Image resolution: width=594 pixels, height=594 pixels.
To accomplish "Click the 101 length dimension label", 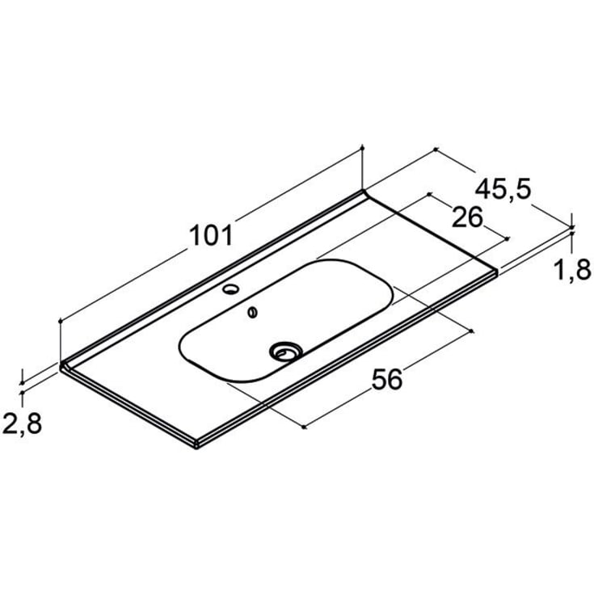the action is coord(211,235).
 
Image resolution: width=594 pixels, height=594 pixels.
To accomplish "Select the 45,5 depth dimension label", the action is coord(503,189).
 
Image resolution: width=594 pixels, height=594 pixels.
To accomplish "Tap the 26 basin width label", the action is coord(467,217).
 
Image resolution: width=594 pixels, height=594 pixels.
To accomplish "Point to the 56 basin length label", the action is coord(386,379).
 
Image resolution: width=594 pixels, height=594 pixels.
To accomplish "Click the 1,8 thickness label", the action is coord(572,270).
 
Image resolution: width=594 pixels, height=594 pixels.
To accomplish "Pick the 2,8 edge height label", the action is coord(22,423).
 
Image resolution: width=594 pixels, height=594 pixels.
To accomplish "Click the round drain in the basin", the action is coord(286,352).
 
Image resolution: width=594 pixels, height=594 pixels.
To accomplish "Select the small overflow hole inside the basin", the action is coord(252,313).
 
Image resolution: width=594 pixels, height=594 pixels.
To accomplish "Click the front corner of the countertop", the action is coord(196,448).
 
